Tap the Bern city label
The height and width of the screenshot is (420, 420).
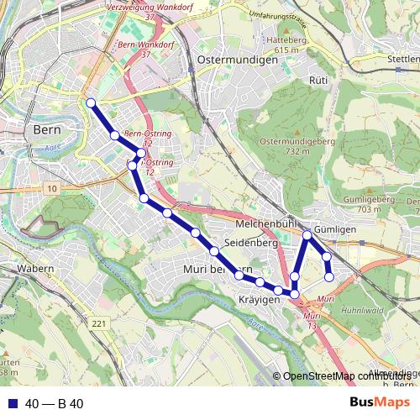[x=45, y=130]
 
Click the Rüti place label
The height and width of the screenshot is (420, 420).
[x=318, y=80]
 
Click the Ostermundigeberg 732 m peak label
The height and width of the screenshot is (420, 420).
[x=298, y=145]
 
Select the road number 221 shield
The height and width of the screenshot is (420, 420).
[x=100, y=323]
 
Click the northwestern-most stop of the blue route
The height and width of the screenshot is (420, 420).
[x=91, y=104]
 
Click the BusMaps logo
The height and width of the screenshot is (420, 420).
[x=378, y=402]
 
